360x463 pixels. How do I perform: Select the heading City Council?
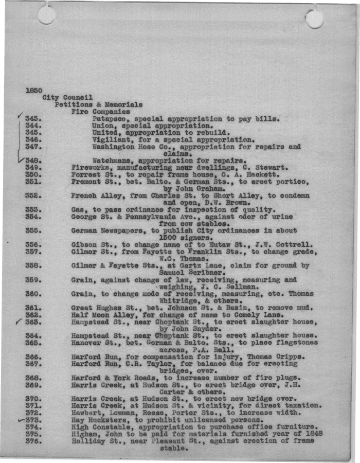pos(67,97)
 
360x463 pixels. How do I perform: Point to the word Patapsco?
pos(111,119)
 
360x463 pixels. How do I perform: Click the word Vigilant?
pos(111,139)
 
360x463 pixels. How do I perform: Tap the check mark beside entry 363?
pos(19,322)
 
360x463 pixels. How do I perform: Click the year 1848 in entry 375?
pos(313,434)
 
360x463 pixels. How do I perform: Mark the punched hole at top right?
pos(314,19)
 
